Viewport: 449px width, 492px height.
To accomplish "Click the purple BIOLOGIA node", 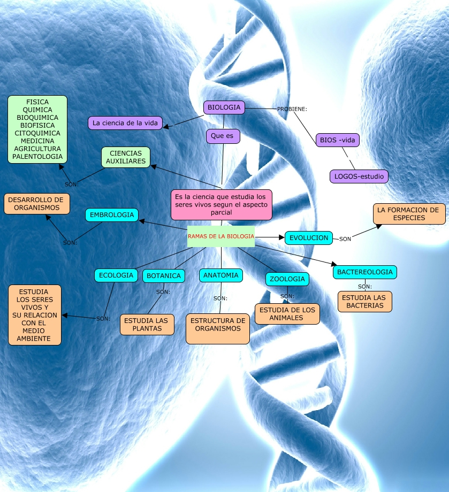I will tap(224, 107).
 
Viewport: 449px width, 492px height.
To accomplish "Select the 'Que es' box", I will tap(223, 136).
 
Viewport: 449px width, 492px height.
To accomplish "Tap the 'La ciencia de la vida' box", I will tap(125, 123).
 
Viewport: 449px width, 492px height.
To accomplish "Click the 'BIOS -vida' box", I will tap(337, 140).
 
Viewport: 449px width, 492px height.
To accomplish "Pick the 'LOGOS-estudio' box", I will tap(359, 176).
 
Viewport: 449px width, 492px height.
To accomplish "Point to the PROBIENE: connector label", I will tap(292, 109).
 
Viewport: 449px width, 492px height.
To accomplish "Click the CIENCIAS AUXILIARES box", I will tap(126, 157).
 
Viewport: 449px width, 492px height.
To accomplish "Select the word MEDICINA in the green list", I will tap(37, 141).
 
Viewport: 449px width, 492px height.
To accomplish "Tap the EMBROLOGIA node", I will tap(112, 215).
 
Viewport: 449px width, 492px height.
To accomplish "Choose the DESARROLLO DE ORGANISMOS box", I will tap(37, 204).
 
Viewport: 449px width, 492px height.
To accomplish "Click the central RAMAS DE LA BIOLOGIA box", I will tap(220, 236).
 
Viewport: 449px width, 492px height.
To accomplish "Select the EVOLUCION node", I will tap(309, 238).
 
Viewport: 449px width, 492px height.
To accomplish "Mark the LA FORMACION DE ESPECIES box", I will tap(408, 214).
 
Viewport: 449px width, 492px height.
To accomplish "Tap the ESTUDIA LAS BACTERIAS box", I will tap(364, 302).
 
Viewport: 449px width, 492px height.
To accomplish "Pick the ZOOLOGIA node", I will tap(287, 279).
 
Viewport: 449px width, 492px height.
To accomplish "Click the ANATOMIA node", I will tap(221, 275).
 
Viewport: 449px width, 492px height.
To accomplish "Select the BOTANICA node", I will tap(164, 276).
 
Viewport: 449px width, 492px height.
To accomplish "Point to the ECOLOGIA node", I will tap(116, 275).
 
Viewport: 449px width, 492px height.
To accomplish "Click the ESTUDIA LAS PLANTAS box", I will tap(147, 325).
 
